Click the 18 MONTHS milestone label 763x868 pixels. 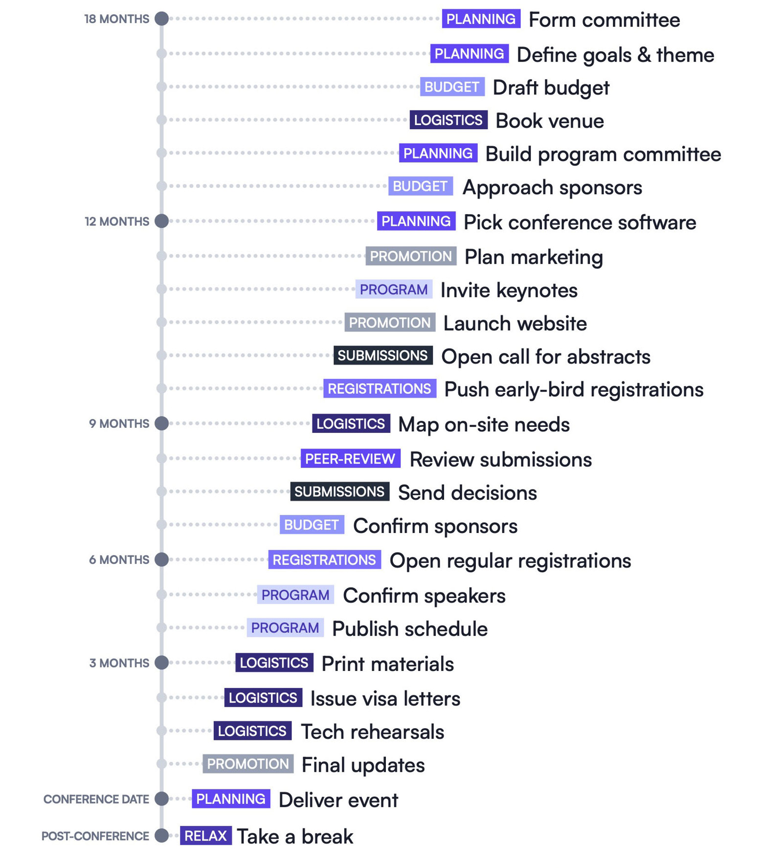[116, 19]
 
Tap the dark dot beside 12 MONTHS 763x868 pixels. [161, 221]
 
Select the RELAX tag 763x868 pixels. [205, 835]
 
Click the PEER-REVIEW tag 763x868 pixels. [350, 459]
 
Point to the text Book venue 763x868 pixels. [549, 121]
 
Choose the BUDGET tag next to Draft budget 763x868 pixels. [452, 87]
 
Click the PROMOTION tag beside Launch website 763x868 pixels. [389, 323]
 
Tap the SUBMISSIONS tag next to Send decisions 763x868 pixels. [339, 491]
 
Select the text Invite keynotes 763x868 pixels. [509, 290]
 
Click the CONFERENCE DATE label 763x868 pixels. [96, 799]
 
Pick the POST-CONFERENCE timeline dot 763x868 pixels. [161, 835]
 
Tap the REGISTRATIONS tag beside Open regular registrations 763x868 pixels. [324, 560]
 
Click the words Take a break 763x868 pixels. [295, 836]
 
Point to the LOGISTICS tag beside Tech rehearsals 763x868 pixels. [252, 731]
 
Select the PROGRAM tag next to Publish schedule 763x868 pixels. [285, 628]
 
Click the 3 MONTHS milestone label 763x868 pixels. [119, 663]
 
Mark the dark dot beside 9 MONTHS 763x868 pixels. [161, 423]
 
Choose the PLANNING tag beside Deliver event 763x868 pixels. [231, 799]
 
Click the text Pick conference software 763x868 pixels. [580, 223]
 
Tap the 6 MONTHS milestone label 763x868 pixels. [119, 560]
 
